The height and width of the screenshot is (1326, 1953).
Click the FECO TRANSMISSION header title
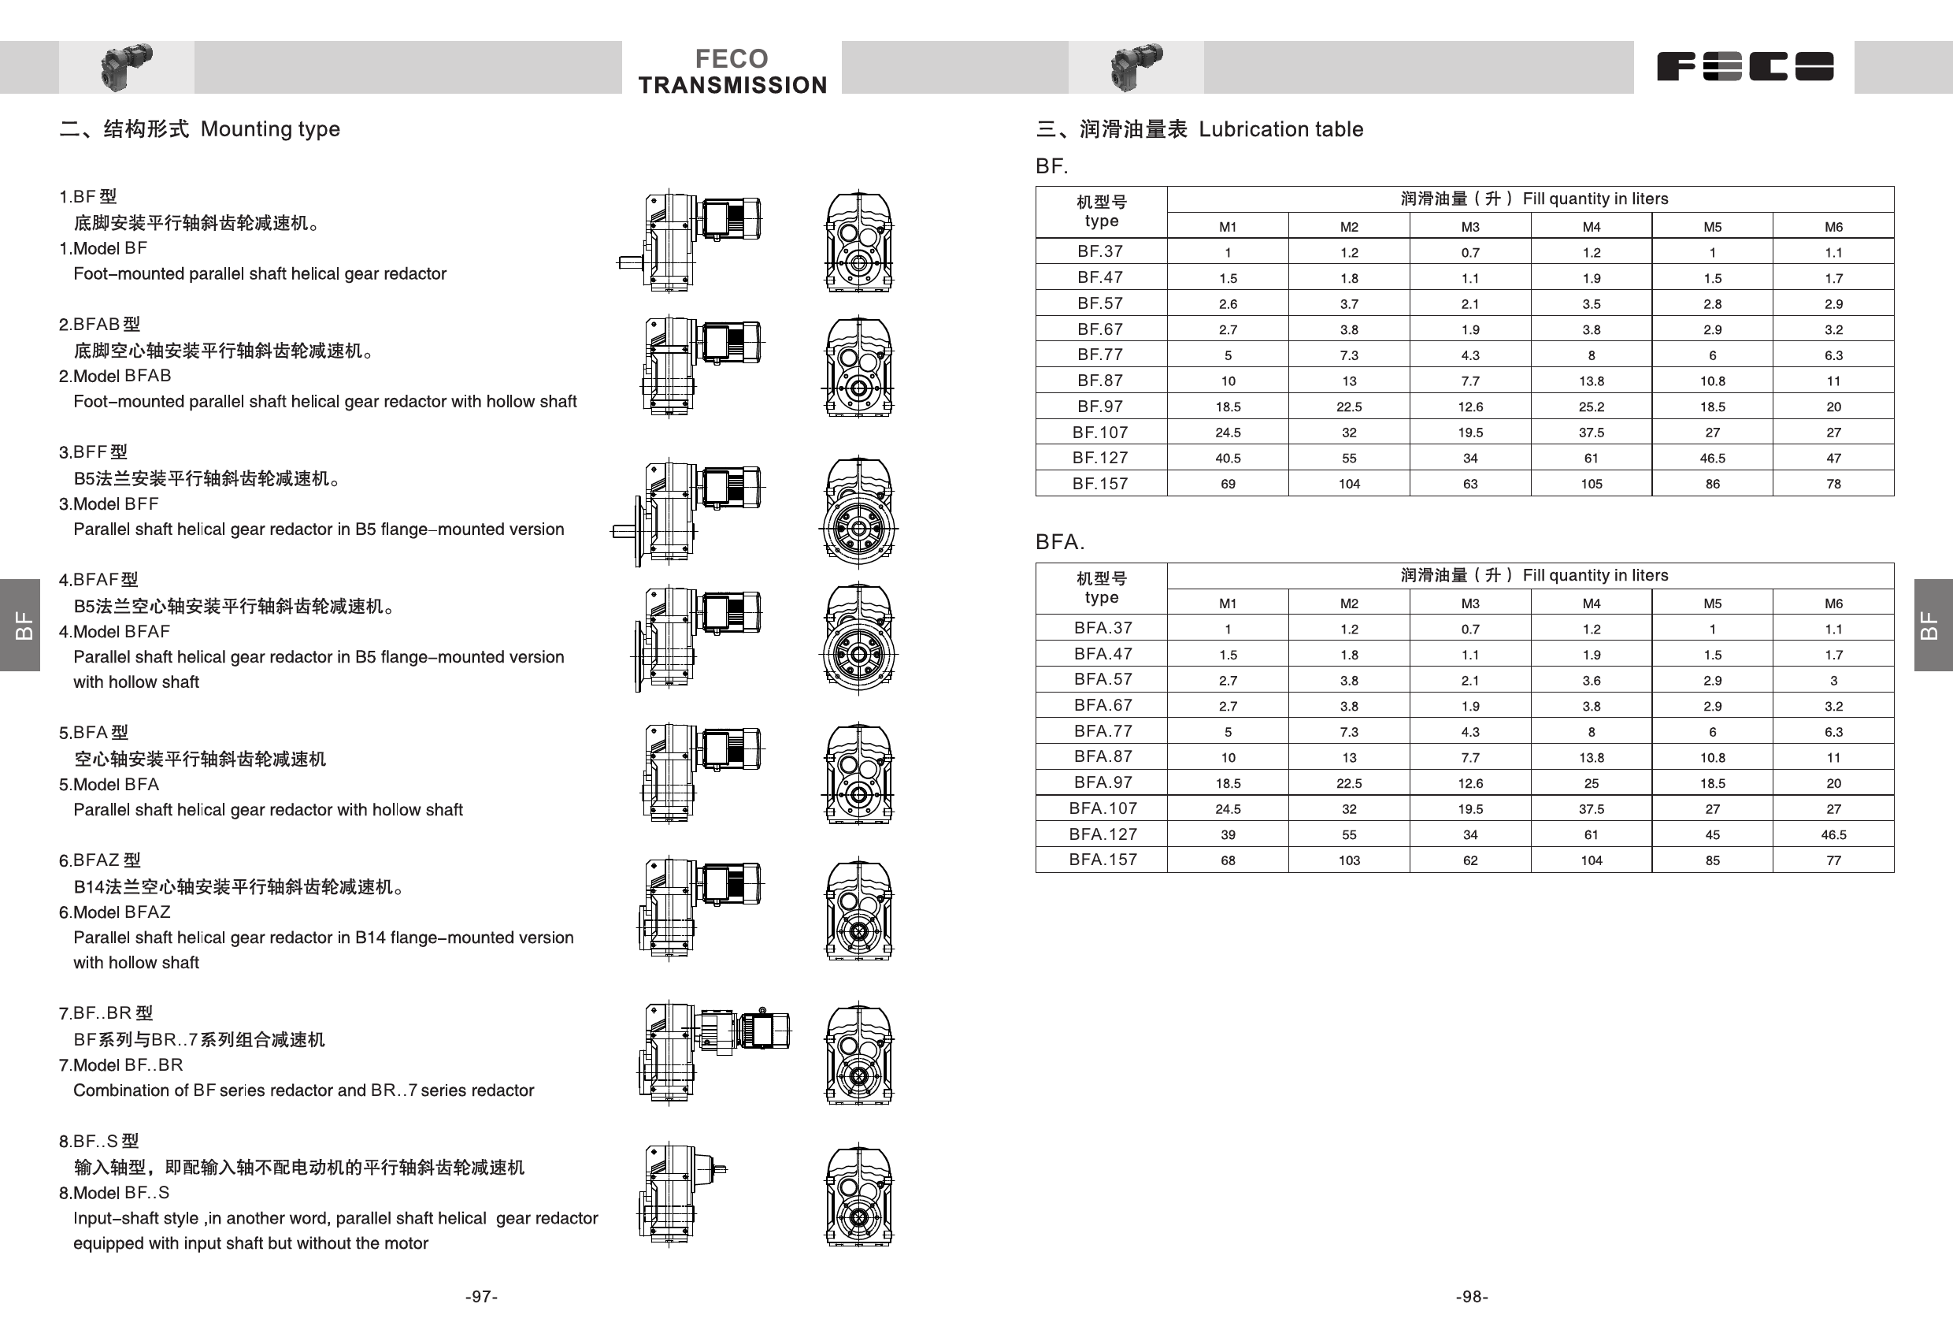coord(732,72)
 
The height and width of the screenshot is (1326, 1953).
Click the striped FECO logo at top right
coord(1744,66)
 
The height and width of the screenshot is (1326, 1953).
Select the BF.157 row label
coord(1100,484)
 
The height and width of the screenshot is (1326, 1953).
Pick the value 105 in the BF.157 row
coord(1591,485)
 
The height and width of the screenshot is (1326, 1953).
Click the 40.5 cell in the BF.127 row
coord(1228,459)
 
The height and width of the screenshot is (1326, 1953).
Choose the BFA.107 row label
coord(1102,808)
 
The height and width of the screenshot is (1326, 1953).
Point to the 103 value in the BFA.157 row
coord(1349,860)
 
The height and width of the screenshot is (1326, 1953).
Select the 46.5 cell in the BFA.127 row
coord(1833,835)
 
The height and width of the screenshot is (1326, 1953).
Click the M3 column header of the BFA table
coord(1469,604)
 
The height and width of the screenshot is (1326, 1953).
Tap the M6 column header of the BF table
coord(1833,227)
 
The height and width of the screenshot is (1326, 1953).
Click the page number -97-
coord(481,1297)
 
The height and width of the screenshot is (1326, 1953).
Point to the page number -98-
coord(1472,1297)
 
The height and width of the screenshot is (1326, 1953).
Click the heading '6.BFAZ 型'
coord(100,860)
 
